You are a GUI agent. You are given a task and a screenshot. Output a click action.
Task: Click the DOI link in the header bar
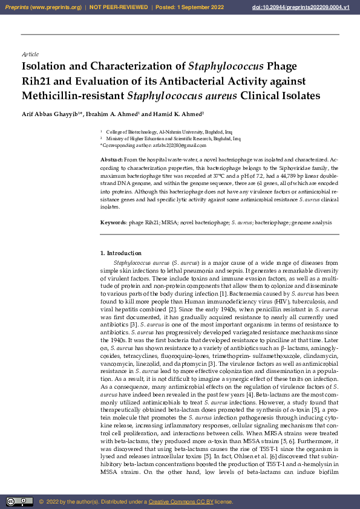coord(305,7)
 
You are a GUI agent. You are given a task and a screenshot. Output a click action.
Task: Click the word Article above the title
coord(30,54)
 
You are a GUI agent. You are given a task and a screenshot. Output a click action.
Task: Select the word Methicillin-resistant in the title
coord(73,95)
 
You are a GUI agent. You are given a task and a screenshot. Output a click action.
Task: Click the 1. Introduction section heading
coord(121,253)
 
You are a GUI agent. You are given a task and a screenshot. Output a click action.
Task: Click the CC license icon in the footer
coord(20,501)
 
